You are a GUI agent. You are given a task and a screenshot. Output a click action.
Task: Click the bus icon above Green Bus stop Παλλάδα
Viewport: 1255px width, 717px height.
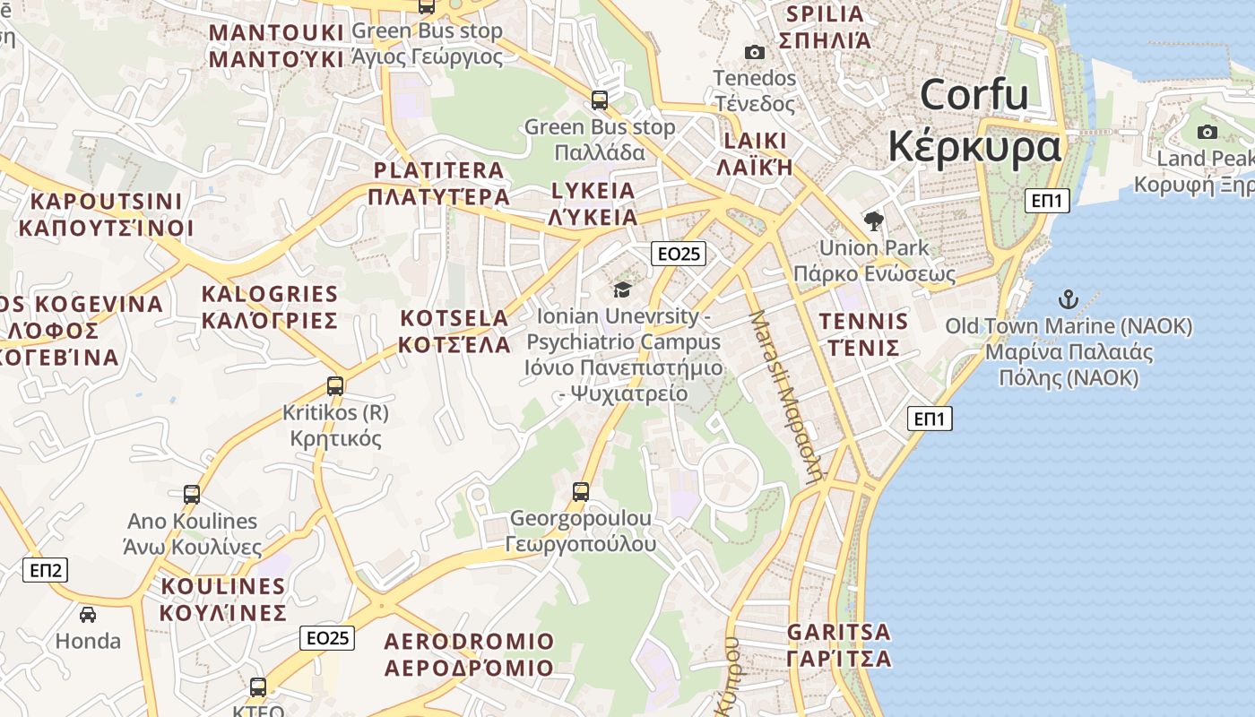(x=600, y=100)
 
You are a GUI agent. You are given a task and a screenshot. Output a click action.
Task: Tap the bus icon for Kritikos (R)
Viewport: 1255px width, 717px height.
(x=335, y=386)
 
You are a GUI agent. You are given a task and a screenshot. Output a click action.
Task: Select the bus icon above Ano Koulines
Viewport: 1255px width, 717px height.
(x=192, y=494)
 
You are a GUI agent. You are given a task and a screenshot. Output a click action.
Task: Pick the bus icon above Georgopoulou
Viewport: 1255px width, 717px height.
(x=581, y=491)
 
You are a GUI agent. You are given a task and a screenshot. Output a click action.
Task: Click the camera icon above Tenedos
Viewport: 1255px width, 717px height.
(x=755, y=52)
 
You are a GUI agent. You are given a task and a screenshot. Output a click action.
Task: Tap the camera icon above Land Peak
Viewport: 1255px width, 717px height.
(x=1207, y=132)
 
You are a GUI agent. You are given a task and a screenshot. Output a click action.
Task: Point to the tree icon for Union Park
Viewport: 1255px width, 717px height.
(x=873, y=220)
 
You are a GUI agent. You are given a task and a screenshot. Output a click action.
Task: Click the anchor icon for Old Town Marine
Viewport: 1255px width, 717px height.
(x=1068, y=299)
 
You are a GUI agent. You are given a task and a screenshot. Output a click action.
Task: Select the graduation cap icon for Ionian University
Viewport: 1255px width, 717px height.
(x=622, y=289)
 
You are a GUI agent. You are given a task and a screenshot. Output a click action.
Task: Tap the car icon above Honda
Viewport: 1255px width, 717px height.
(x=88, y=614)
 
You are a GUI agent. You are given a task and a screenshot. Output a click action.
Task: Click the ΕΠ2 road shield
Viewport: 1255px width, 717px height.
(x=45, y=569)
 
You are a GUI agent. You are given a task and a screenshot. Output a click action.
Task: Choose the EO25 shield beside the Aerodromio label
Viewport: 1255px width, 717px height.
(x=327, y=638)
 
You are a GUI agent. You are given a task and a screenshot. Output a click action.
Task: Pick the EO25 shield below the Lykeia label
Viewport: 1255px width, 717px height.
(x=679, y=254)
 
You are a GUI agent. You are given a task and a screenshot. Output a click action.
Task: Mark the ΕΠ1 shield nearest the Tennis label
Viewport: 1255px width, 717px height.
(x=930, y=419)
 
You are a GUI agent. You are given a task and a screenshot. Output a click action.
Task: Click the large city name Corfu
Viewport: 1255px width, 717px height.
(x=974, y=94)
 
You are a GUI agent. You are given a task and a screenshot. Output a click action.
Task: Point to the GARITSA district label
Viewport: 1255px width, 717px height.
(x=839, y=632)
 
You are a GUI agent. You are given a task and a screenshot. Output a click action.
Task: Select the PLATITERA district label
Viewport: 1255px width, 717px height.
(x=438, y=170)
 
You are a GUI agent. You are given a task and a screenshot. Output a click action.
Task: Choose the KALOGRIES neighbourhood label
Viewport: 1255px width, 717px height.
(x=270, y=294)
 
